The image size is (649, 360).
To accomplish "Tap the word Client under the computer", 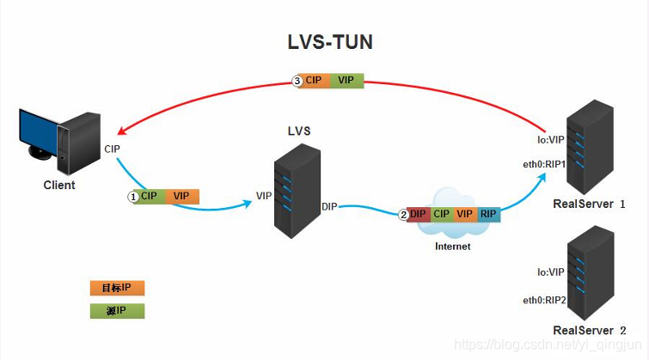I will click(59, 185).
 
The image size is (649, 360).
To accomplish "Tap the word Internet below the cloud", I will click(452, 247).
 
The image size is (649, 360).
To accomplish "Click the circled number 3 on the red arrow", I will click(298, 80).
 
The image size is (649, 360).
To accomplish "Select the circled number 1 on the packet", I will click(132, 197).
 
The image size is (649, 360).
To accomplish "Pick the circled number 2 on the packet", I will click(404, 214).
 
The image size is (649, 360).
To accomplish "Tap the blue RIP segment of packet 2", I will click(488, 214).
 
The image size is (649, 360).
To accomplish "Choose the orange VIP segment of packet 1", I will click(181, 196).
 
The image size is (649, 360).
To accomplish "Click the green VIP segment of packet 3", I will click(346, 80).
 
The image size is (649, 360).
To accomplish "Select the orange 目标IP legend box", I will click(117, 288).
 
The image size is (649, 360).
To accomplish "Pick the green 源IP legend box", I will click(117, 311).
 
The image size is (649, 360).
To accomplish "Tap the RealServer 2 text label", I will click(590, 331).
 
